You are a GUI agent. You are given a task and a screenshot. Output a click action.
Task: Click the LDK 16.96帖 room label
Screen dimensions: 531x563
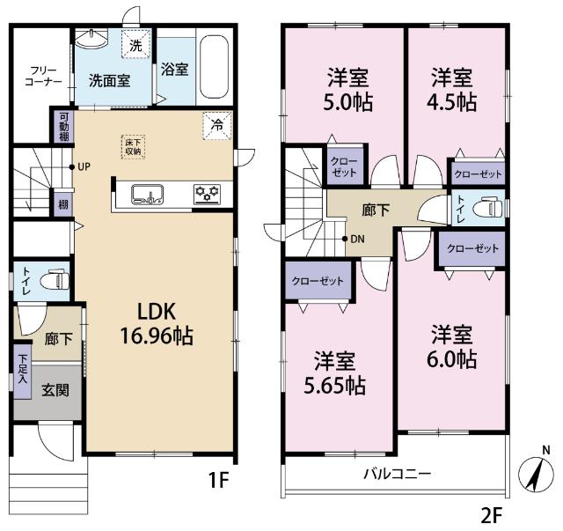click(157, 323)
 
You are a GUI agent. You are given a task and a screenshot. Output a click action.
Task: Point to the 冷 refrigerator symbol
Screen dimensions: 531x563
click(216, 126)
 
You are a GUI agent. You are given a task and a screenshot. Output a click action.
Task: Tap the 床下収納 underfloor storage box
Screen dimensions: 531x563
click(133, 147)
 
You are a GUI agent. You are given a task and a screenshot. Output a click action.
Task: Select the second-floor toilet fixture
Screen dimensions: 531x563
click(486, 209)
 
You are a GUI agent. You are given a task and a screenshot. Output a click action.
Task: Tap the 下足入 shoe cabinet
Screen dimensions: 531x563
click(22, 367)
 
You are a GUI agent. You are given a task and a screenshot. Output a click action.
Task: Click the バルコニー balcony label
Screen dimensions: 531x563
click(398, 474)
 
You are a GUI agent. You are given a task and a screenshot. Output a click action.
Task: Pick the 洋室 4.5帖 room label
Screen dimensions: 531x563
click(453, 89)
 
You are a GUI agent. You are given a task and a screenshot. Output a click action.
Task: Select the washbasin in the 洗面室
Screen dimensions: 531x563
click(91, 41)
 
